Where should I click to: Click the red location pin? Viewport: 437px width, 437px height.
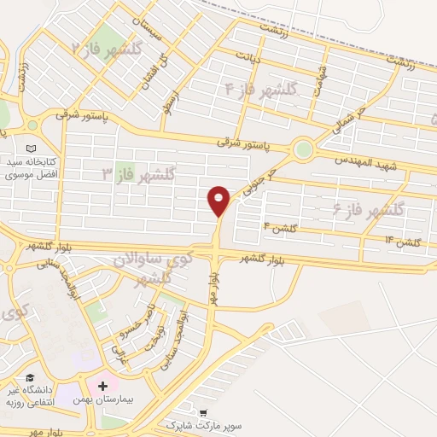click(x=219, y=200)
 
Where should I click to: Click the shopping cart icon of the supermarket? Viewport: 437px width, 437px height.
click(x=202, y=411)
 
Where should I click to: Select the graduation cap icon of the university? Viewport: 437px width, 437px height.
click(x=31, y=378)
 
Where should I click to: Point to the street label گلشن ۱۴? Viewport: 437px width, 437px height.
click(x=402, y=242)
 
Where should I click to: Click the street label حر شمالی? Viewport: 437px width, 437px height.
click(x=349, y=119)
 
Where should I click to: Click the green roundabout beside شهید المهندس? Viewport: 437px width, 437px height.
click(x=303, y=149)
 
